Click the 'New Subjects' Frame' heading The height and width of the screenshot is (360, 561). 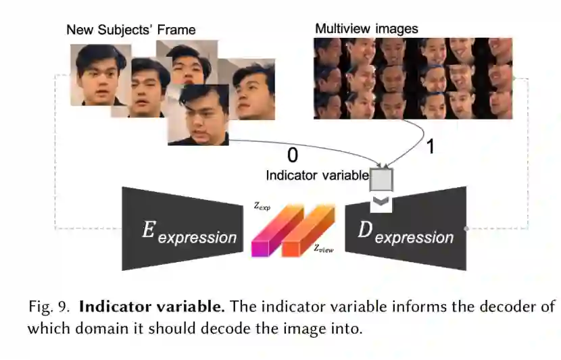point(130,30)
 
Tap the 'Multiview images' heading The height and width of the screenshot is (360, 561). point(366,29)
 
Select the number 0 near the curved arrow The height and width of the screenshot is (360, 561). point(292,155)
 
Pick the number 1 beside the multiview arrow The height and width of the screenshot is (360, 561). point(430,147)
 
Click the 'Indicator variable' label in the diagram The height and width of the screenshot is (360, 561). point(317,176)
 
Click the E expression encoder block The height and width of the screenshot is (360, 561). point(183,229)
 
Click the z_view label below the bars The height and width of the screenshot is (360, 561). point(322,249)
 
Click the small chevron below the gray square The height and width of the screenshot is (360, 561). point(381,201)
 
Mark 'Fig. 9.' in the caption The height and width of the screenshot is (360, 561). point(49,307)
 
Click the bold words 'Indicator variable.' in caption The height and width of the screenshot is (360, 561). point(152,307)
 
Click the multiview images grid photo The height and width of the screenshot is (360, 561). point(413,78)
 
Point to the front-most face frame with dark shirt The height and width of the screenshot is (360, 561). point(198,115)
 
